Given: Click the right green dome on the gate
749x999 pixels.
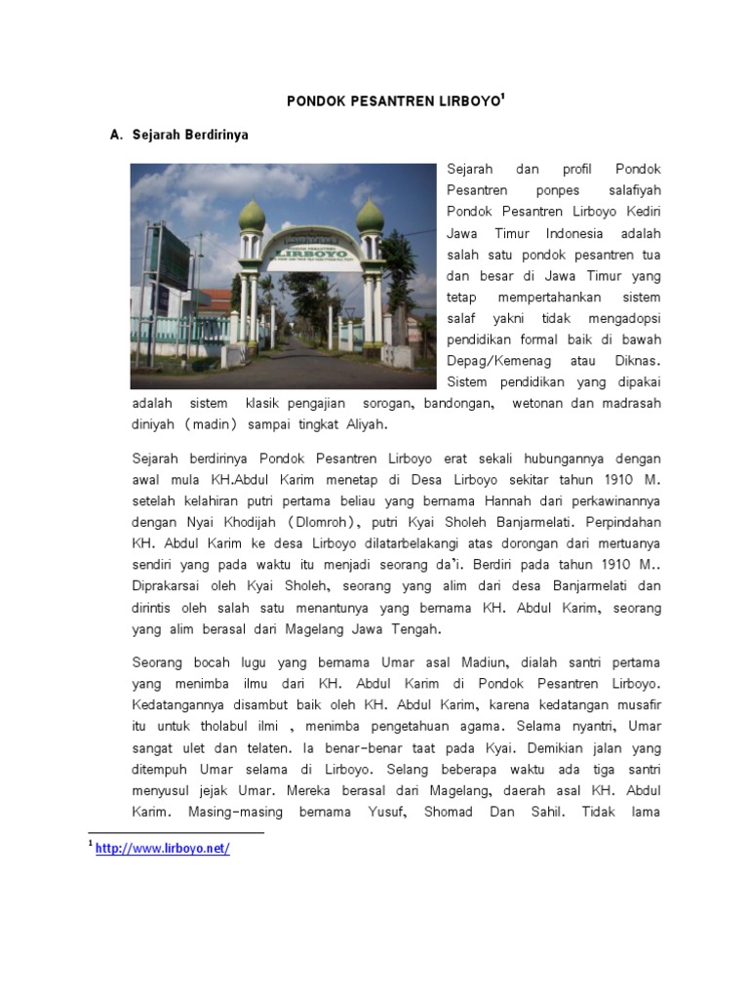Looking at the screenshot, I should point(370,216).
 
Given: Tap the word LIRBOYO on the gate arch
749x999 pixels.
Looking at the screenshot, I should point(310,252).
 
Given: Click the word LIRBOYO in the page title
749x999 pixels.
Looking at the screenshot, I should point(455,100).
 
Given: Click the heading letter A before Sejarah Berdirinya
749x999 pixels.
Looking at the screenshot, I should point(116,135).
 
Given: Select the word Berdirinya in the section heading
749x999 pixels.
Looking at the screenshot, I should point(217,135).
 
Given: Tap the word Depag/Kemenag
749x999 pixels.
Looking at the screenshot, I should point(492,360).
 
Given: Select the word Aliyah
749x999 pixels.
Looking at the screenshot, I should point(362,424).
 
